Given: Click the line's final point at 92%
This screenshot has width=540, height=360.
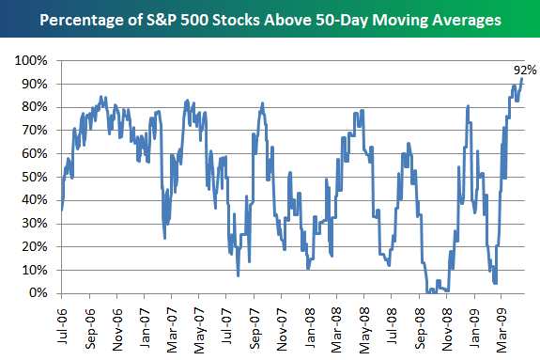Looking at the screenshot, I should pyautogui.click(x=522, y=79).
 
